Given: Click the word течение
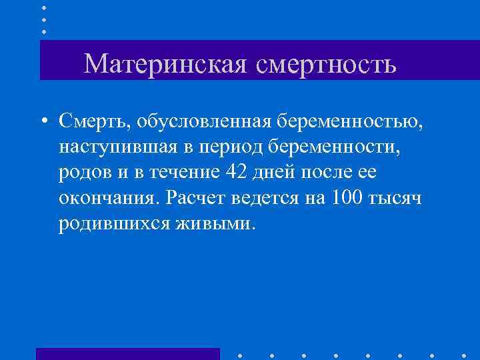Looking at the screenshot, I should (177, 171).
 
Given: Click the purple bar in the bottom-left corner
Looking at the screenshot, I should (127, 353).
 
